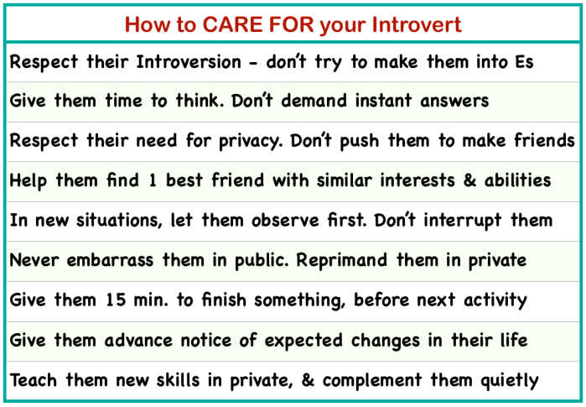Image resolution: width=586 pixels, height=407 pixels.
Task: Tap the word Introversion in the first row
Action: tap(189, 61)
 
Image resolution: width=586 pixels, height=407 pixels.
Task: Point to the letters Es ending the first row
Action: tap(524, 62)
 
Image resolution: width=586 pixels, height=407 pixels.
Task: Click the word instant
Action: tap(383, 101)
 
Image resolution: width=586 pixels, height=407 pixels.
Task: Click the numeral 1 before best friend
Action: tap(153, 180)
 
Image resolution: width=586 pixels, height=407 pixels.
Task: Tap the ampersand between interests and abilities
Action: tap(469, 180)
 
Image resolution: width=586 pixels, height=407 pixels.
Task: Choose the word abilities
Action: tap(517, 180)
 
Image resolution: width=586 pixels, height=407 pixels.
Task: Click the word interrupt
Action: tap(462, 221)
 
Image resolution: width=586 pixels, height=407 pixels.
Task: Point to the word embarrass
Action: tap(110, 260)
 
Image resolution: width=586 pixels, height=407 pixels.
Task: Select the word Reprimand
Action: tap(341, 260)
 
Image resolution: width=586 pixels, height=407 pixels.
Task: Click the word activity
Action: tap(495, 300)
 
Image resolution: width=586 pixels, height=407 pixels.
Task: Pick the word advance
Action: tap(138, 341)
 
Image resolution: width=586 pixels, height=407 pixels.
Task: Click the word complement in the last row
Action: tap(372, 381)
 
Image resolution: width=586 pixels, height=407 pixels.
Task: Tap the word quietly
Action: tap(510, 381)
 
